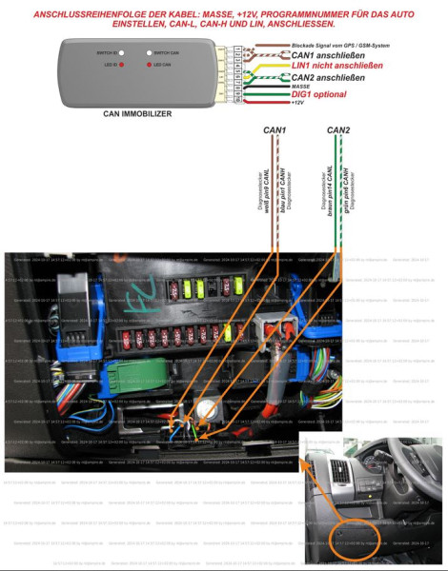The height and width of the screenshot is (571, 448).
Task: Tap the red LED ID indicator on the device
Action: coord(97,63)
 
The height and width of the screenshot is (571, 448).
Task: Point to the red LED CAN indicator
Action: coord(149,63)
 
